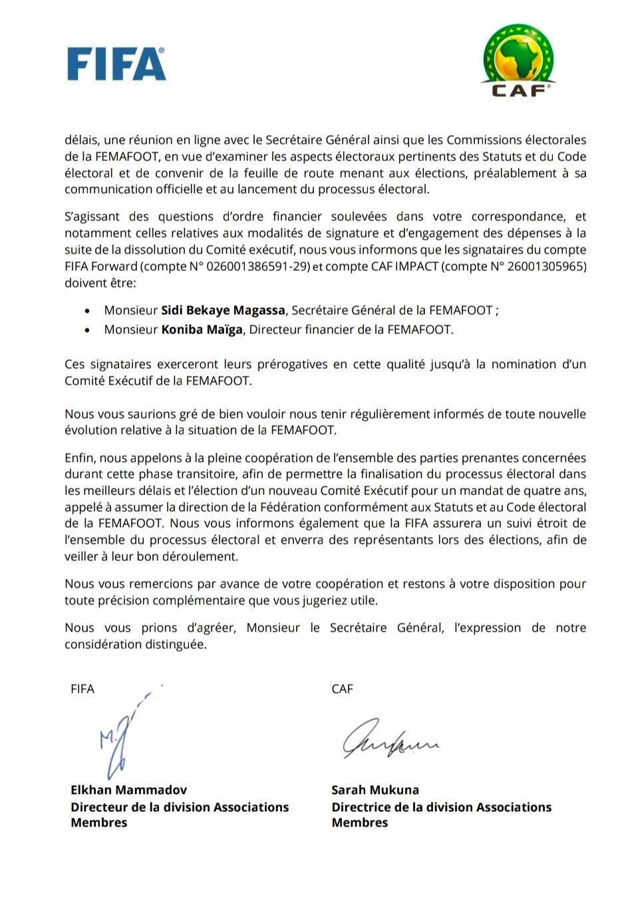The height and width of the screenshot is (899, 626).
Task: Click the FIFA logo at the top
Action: [116, 64]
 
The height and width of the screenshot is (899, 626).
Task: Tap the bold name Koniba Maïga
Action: [202, 330]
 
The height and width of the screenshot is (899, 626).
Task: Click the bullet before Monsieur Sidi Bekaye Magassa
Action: [88, 311]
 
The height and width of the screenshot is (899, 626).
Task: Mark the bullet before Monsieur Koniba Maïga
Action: [88, 330]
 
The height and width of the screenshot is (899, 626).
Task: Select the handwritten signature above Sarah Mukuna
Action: [390, 738]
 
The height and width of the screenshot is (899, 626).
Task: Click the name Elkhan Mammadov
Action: [128, 791]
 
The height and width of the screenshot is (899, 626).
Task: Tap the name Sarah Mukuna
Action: [375, 791]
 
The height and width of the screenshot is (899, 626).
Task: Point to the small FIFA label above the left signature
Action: [82, 689]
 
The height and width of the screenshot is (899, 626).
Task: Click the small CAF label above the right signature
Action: [342, 689]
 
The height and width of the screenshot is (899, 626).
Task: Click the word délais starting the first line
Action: [80, 140]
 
